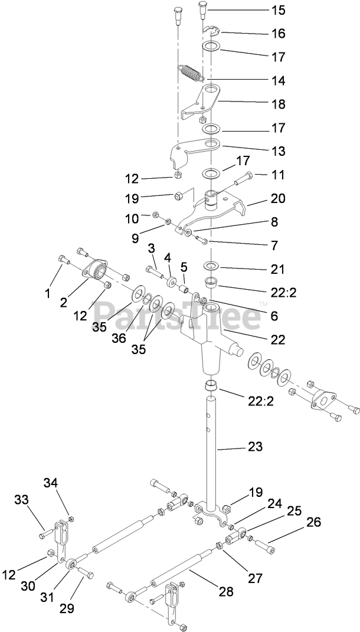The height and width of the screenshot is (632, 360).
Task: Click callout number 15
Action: point(278,10)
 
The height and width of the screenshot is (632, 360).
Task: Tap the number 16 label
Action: point(278,33)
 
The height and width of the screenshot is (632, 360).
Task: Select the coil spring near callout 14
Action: point(190,75)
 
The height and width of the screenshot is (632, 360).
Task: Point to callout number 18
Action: point(278,104)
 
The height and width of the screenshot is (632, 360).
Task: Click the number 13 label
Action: point(278,150)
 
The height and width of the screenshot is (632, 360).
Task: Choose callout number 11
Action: point(277,175)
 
